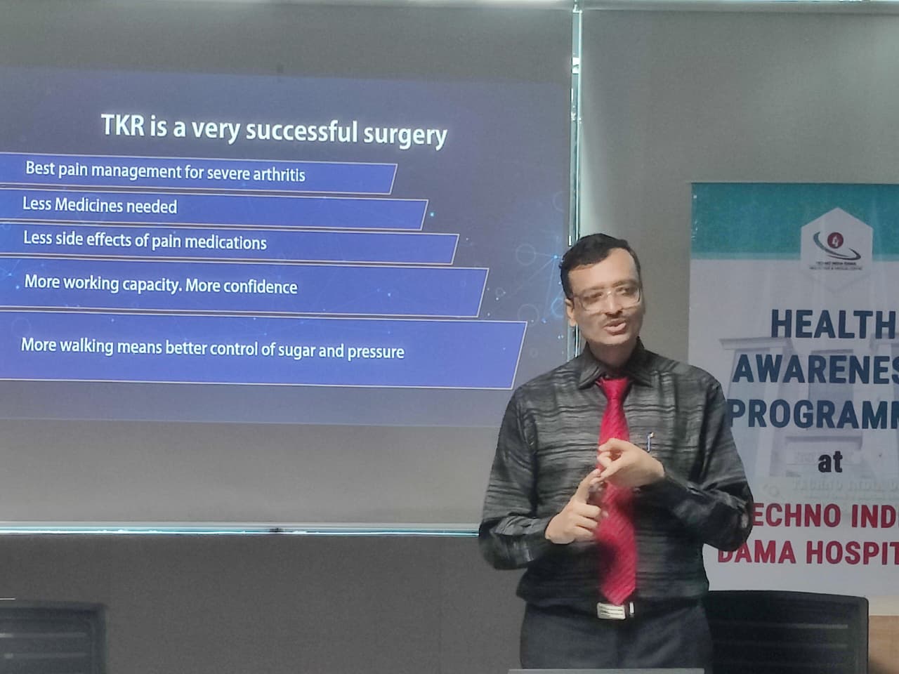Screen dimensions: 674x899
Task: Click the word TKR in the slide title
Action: click(x=124, y=125)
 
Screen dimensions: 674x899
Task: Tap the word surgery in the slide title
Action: click(x=405, y=133)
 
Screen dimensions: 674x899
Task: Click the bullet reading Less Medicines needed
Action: click(x=100, y=206)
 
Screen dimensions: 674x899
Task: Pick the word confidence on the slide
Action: click(x=261, y=286)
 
